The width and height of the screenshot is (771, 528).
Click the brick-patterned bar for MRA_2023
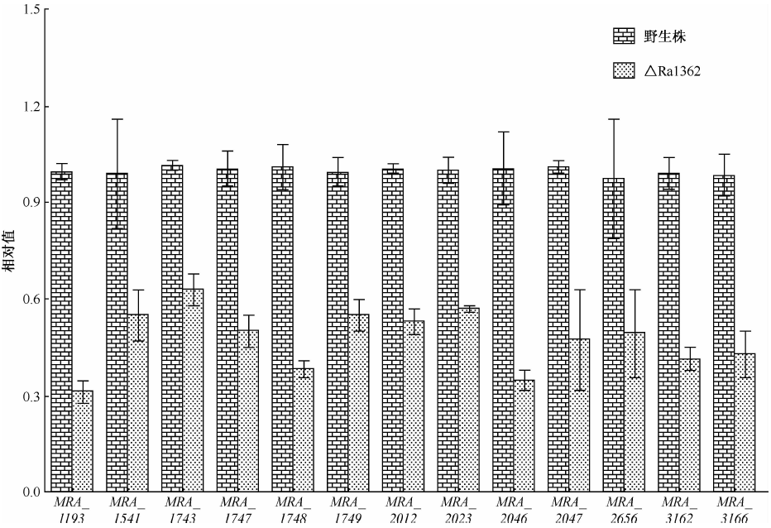click(x=448, y=331)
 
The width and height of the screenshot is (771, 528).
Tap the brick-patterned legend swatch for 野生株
click(x=623, y=36)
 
